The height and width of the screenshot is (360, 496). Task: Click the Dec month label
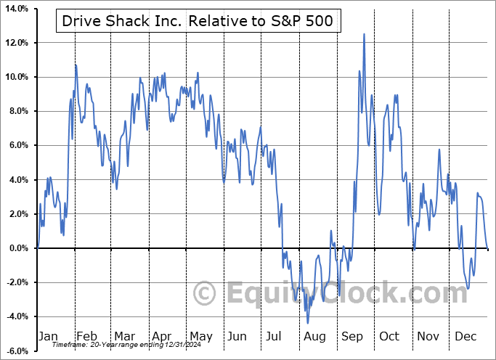click(x=465, y=337)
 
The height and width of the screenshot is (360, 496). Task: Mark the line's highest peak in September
click(x=364, y=34)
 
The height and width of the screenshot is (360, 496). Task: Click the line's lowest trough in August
click(x=308, y=323)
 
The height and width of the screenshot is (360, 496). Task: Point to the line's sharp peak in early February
click(x=76, y=65)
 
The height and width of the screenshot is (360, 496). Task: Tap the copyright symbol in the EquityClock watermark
click(x=206, y=294)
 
